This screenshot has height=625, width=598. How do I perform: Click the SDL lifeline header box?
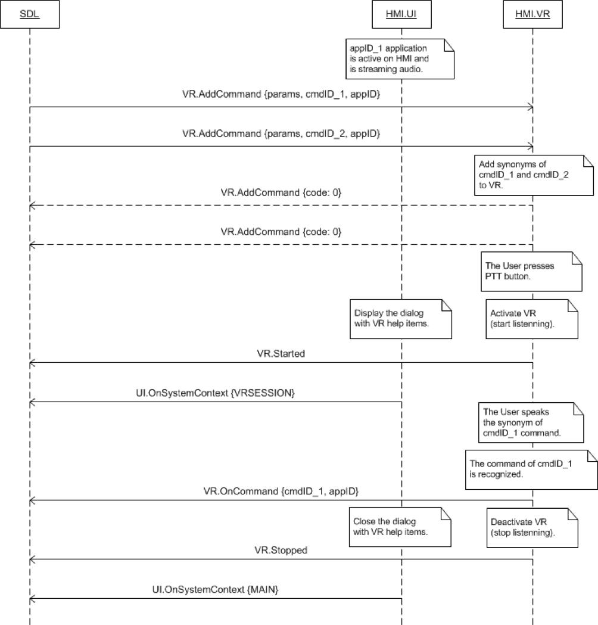coord(29,15)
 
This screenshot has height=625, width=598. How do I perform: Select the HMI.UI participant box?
coord(401,15)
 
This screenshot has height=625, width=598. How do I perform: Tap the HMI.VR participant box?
coord(532,15)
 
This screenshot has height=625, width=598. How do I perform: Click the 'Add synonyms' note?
coord(534,173)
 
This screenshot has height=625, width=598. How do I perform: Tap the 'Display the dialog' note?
coord(400,318)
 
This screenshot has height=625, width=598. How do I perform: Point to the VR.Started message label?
coord(281,353)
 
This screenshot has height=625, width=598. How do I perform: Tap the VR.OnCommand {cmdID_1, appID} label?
coord(281,491)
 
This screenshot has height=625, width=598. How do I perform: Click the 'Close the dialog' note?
coord(400,526)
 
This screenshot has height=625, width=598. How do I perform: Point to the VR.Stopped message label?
coord(282,550)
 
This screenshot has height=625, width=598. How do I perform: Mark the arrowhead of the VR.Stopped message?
coord(32,559)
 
